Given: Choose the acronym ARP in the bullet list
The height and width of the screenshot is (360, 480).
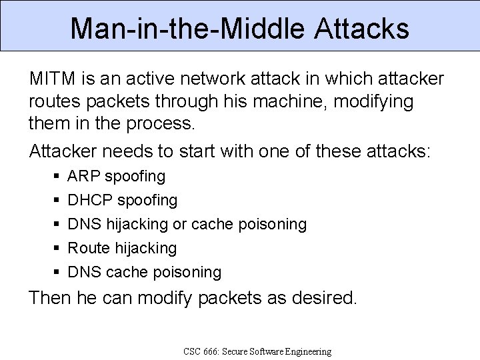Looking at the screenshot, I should click(x=83, y=177).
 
